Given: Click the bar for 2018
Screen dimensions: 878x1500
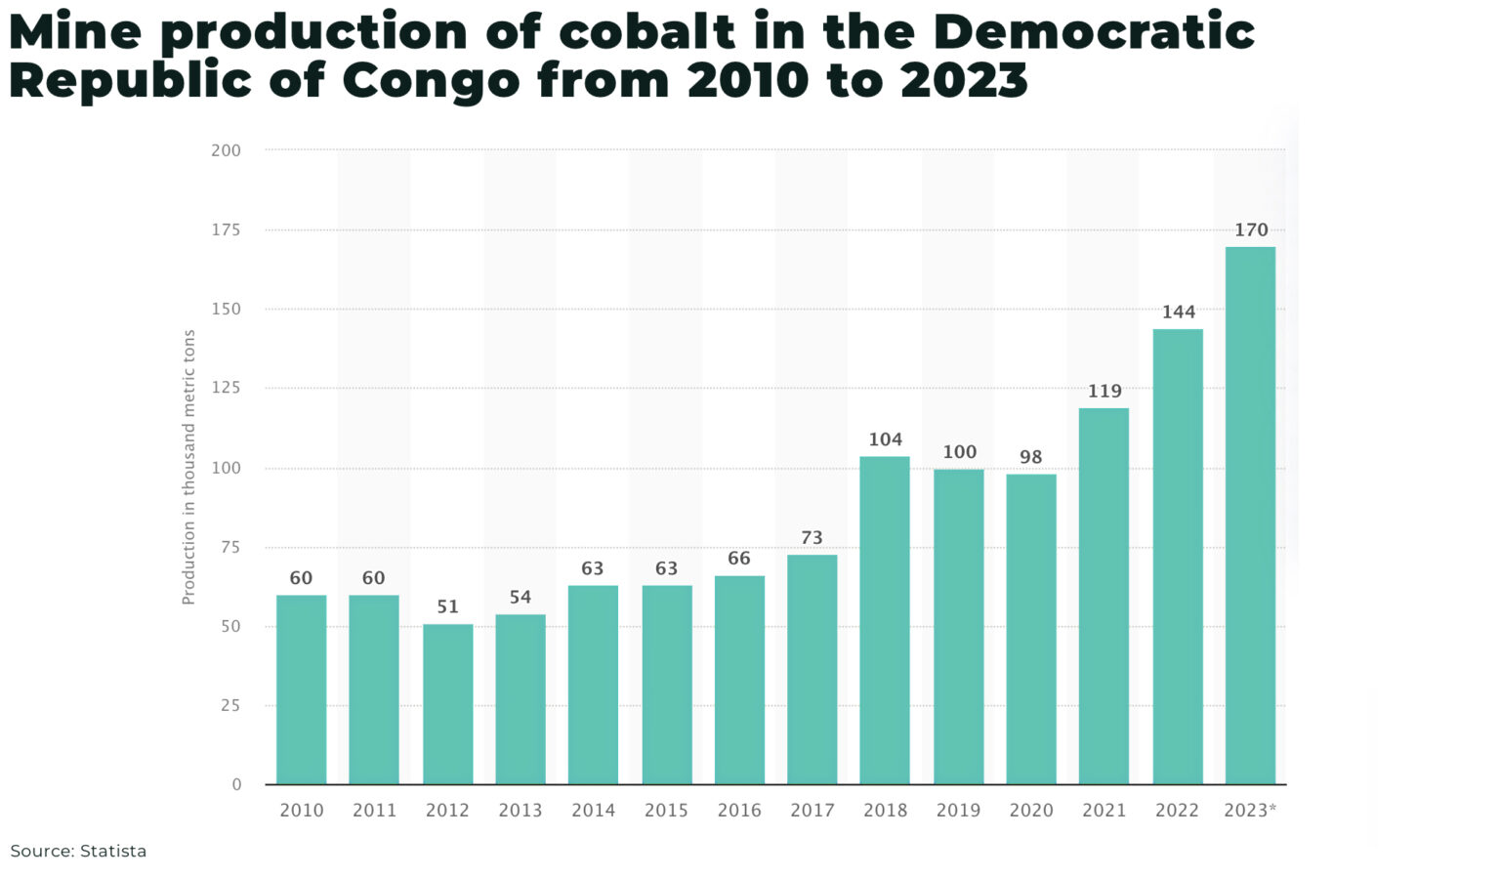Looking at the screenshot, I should (x=885, y=620).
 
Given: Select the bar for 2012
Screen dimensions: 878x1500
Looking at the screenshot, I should (x=447, y=704).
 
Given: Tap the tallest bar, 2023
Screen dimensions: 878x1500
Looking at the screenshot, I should (x=1250, y=516).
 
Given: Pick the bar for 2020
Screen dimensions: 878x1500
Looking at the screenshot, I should (x=1031, y=629).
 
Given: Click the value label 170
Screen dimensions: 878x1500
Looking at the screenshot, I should (x=1251, y=230).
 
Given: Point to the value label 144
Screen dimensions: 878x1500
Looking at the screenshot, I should (x=1178, y=313).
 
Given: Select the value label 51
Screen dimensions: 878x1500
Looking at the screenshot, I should (x=447, y=607).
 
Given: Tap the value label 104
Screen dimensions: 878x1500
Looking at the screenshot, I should (x=885, y=440).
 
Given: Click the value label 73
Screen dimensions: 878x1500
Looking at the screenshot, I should (x=812, y=538).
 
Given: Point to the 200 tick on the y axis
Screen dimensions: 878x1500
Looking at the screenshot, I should (x=226, y=150).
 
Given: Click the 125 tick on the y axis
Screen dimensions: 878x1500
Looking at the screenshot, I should (x=226, y=388).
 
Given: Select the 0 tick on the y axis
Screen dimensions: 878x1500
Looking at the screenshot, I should (x=236, y=784).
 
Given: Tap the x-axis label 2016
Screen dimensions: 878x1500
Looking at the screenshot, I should (x=739, y=811).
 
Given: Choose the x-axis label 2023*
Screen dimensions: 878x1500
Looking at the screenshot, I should (x=1250, y=811).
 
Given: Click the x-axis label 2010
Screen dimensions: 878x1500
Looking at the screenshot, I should (x=301, y=811).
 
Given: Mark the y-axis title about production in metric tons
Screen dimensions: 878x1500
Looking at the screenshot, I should (x=189, y=467).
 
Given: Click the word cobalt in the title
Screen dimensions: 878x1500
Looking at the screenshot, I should (x=646, y=32).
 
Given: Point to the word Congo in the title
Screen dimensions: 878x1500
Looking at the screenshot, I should (x=431, y=80).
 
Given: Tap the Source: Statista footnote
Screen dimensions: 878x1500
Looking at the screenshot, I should (x=78, y=852).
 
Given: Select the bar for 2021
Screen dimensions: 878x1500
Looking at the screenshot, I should (x=1104, y=596).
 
